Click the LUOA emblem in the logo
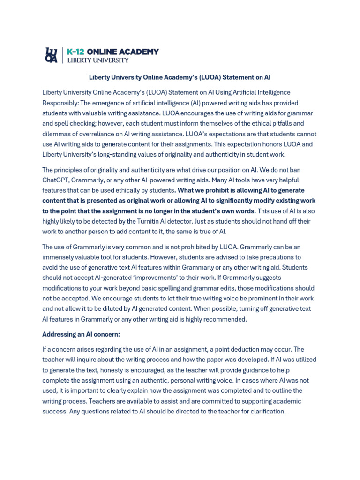click(x=51, y=55)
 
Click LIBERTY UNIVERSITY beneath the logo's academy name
click(x=97, y=60)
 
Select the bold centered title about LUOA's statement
click(x=180, y=77)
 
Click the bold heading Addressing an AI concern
click(x=81, y=334)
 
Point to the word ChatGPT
click(x=55, y=180)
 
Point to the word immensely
click(x=63, y=257)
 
